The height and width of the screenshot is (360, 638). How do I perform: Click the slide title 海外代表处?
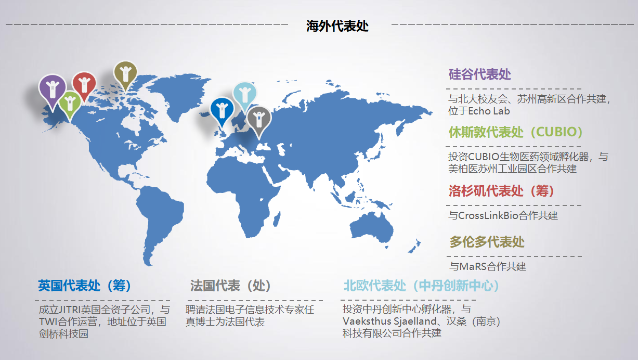click(337, 26)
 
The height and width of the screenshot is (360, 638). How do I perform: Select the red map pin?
click(84, 84)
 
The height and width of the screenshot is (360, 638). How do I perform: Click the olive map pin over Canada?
click(125, 74)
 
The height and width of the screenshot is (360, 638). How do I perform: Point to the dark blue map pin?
click(222, 110)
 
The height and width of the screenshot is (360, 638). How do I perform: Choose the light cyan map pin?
click(245, 94)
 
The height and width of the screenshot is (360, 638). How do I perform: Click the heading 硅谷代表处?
click(479, 74)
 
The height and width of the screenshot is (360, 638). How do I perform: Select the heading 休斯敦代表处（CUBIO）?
click(515, 132)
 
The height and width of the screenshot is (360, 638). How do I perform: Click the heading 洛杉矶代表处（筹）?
click(501, 191)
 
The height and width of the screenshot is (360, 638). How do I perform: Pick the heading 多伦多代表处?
click(487, 242)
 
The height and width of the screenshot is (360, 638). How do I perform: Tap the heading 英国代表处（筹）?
click(85, 286)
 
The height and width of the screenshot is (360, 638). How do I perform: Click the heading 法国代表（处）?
click(230, 286)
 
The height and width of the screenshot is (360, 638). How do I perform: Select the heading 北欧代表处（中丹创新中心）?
click(422, 286)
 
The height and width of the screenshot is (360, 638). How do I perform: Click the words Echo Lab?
click(489, 111)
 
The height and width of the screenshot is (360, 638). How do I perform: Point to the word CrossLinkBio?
click(488, 215)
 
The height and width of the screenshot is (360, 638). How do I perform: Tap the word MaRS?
click(473, 266)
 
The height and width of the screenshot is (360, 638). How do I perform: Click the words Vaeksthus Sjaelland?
click(389, 321)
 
